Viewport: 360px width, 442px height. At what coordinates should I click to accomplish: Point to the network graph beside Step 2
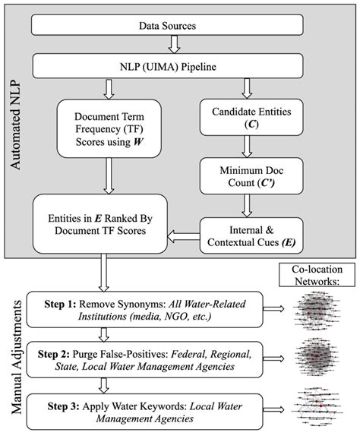(x=320, y=357)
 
